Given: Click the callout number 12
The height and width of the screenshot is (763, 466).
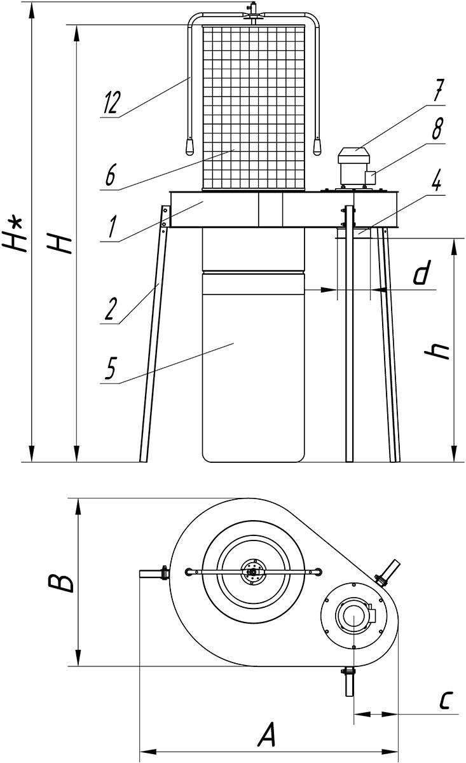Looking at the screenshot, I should tap(109, 103).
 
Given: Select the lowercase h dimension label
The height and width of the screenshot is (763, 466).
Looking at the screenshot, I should tap(441, 352).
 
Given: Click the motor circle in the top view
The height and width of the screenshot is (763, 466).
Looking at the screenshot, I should tap(353, 617).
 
